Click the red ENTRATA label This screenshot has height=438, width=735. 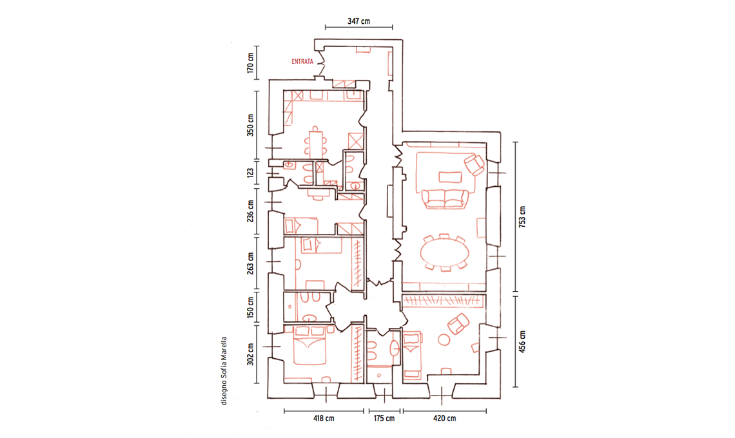(x=302, y=61)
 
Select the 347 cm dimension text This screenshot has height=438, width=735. (x=358, y=21)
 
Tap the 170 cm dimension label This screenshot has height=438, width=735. (x=250, y=62)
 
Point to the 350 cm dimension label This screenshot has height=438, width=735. (x=250, y=125)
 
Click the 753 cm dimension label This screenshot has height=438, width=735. (x=522, y=217)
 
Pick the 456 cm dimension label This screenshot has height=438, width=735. (x=522, y=341)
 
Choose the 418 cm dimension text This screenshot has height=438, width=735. (x=324, y=418)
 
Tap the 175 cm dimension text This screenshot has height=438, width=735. (x=384, y=418)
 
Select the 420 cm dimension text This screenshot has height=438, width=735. (x=444, y=418)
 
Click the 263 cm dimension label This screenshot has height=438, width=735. (x=250, y=263)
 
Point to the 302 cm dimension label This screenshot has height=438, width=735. (x=250, y=355)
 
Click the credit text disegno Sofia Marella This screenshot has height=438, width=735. (x=224, y=370)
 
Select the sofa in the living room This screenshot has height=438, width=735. (x=446, y=198)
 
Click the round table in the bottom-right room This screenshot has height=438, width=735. (x=443, y=339)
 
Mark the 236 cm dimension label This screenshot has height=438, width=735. (x=250, y=211)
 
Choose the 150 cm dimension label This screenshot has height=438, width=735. (x=250, y=307)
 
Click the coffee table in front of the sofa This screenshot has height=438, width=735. (x=450, y=177)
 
